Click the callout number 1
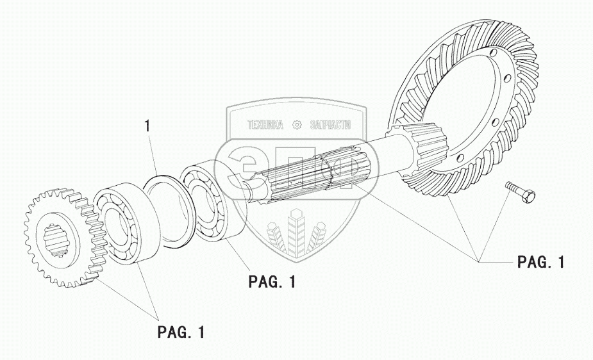(x=148, y=127)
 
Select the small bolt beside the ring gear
(x=521, y=190)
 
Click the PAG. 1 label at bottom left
(x=181, y=333)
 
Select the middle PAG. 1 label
(x=272, y=282)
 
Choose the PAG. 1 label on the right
(x=541, y=262)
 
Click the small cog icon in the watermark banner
(x=297, y=124)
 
